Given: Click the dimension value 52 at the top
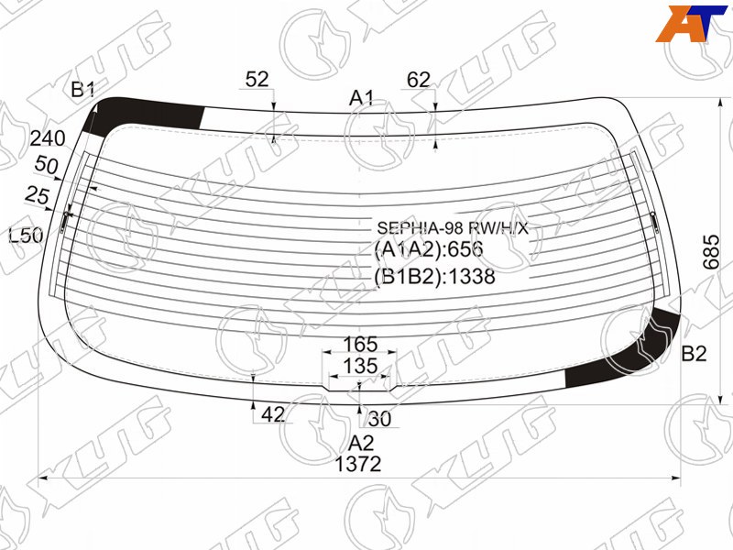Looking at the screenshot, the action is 257,79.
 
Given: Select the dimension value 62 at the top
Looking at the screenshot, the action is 419,80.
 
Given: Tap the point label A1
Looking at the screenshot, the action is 362,98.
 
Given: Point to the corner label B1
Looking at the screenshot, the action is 83,89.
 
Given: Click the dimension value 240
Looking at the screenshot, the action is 48,138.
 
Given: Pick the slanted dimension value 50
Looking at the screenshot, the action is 47,166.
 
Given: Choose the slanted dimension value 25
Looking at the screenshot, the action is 37,195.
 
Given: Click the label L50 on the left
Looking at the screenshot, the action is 27,236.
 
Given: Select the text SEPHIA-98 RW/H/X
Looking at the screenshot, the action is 453,228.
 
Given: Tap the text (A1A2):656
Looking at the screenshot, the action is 428,249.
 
